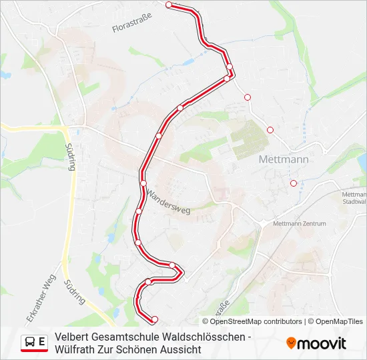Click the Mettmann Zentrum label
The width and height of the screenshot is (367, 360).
300,223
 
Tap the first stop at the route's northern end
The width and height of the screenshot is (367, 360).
169,5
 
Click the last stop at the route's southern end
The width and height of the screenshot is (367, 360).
154,319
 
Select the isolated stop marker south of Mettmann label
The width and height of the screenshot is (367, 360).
293,183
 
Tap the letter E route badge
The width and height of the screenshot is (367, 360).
43,342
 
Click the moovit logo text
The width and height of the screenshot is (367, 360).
322,343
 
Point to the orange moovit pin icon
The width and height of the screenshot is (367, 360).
291,343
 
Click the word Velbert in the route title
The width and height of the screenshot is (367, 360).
72,337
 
